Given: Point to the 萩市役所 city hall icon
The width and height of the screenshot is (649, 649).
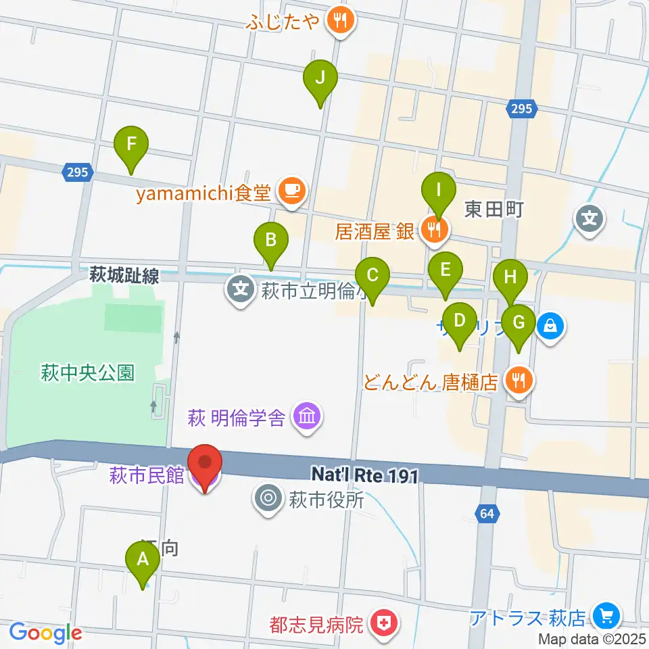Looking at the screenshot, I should coord(268,500).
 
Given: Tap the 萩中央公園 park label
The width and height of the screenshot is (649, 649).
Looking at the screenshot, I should coord(88,372).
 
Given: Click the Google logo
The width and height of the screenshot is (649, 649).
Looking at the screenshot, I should coord(45,632).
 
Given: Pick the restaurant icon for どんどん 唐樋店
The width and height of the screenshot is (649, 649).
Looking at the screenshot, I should coord(519,381).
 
